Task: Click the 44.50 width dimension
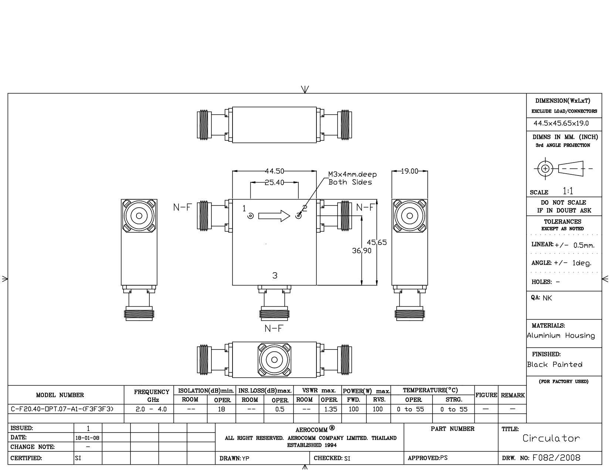tap(274, 171)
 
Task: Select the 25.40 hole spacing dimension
tap(274, 182)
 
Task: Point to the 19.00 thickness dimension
tap(409, 171)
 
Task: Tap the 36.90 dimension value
tap(362, 250)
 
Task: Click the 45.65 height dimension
tap(377, 242)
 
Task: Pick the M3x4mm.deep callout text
tap(352, 174)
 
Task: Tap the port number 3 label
tap(275, 276)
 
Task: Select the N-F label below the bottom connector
tap(274, 328)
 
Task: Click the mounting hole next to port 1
tap(251, 216)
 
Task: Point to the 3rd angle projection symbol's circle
tap(545, 168)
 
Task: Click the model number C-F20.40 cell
tap(62, 409)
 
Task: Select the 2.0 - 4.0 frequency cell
tap(151, 409)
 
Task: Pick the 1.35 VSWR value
tap(331, 409)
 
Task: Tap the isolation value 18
tap(221, 409)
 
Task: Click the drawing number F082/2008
tap(556, 458)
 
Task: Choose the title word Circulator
tap(551, 438)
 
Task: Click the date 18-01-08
tap(87, 438)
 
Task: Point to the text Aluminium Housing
tap(561, 335)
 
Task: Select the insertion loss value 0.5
tap(280, 409)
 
